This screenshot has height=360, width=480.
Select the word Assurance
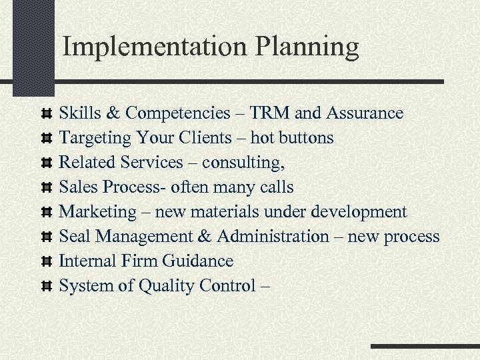[x=365, y=113]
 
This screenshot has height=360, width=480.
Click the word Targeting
[x=95, y=138]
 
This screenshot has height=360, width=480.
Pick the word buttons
[x=307, y=138]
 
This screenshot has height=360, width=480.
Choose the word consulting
[x=243, y=163]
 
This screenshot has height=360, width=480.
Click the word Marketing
[x=97, y=212]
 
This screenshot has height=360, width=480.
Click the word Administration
[x=273, y=237]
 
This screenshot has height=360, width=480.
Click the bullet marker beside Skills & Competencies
[x=46, y=114]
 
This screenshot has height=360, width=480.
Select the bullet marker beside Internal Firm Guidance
[x=46, y=262]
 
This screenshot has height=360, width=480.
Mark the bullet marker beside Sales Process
[x=46, y=188]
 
